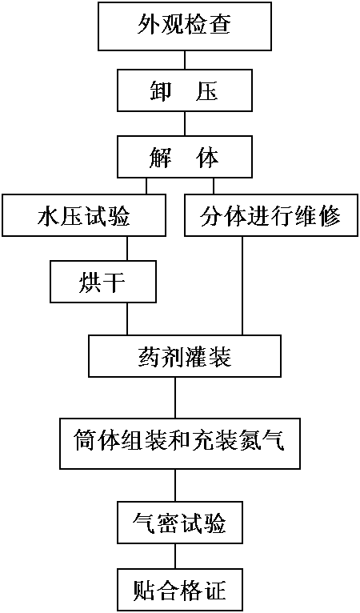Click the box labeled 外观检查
pos(185,26)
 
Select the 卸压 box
pos(185,90)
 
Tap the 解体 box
pos(185,157)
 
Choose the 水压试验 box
pos(84,215)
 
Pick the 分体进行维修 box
pos(271,215)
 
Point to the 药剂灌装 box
pos(185,355)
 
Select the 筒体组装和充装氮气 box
pos(179,443)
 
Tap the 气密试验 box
pos(179,522)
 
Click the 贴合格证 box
pos(179,590)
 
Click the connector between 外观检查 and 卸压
pos(185,60)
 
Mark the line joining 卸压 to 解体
pos(185,123)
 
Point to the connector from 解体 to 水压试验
pos(146,186)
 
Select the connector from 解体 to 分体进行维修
pos(214,186)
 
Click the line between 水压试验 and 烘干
pos(126,248)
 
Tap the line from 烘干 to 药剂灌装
pos(126,319)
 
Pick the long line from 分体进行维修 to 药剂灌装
pos(242,285)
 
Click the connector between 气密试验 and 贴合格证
pos(174,555)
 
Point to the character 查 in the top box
pos(220,24)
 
